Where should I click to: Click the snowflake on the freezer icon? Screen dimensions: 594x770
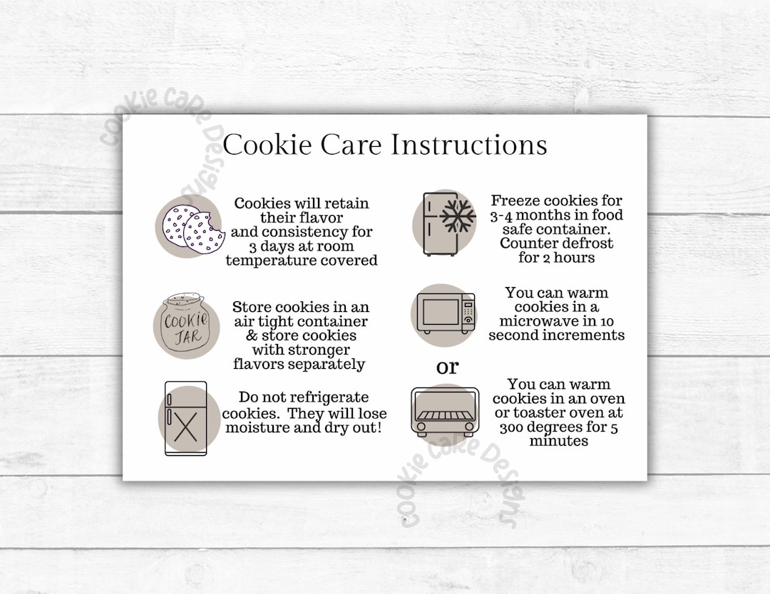pyautogui.click(x=458, y=218)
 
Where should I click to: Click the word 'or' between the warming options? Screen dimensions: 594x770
pyautogui.click(x=448, y=367)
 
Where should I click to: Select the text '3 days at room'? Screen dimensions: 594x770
pyautogui.click(x=301, y=246)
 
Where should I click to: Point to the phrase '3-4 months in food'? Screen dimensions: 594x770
pyautogui.click(x=557, y=215)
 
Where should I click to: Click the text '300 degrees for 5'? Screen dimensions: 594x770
pyautogui.click(x=559, y=427)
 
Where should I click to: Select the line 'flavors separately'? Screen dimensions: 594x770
pyautogui.click(x=299, y=364)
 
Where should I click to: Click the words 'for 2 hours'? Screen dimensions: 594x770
pyautogui.click(x=556, y=258)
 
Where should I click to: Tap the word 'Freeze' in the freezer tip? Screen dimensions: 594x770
pyautogui.click(x=515, y=201)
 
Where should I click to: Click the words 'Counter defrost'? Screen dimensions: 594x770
pyautogui.click(x=556, y=244)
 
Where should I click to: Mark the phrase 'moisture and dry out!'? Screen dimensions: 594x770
pyautogui.click(x=304, y=427)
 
